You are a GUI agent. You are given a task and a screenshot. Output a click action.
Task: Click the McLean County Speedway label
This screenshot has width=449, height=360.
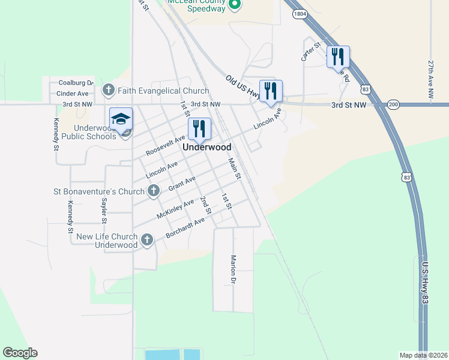196,5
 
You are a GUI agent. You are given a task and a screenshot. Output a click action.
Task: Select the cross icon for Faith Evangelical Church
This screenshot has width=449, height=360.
108,91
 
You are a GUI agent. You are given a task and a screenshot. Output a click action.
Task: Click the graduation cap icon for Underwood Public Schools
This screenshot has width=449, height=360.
121,118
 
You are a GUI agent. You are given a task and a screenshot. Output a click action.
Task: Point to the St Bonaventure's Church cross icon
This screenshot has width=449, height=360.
154,191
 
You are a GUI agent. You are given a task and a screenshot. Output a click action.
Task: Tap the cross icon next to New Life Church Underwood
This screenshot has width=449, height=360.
146,241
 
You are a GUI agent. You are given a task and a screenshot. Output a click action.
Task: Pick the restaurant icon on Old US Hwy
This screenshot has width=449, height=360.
271,91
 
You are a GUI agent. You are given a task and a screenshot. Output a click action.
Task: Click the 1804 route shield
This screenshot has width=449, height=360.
301,13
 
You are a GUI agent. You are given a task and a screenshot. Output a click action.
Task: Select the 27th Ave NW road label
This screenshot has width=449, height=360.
430,79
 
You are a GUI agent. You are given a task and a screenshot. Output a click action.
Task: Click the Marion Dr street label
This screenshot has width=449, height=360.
234,271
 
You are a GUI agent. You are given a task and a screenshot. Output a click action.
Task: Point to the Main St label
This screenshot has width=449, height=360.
234,169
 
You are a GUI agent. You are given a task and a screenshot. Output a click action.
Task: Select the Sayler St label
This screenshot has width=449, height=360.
104,211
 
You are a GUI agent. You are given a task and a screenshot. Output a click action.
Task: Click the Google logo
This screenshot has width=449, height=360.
20,353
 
